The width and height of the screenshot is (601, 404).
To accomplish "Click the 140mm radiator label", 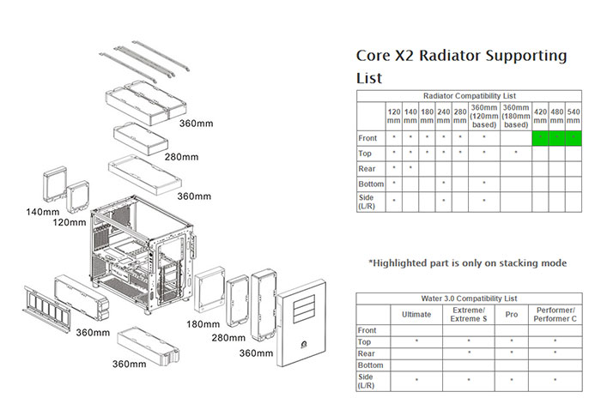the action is (x=43, y=212).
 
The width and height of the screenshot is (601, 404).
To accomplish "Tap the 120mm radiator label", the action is (x=70, y=222).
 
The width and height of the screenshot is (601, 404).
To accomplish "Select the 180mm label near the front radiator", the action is (x=203, y=324).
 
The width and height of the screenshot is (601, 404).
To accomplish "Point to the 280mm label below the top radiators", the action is (x=182, y=157).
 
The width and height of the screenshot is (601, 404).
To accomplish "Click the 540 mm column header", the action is (x=574, y=116).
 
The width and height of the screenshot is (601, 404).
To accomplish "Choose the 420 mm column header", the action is (x=540, y=116).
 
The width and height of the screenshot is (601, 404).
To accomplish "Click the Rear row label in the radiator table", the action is (x=367, y=169).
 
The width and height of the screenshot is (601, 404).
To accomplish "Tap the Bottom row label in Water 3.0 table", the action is (x=370, y=365).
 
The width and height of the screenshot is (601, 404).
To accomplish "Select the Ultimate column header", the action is (x=416, y=315).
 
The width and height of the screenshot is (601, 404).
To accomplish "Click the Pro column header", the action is (x=512, y=315).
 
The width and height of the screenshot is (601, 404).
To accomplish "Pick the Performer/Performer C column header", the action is (x=555, y=315).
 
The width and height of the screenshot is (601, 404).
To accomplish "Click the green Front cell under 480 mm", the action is (x=557, y=138).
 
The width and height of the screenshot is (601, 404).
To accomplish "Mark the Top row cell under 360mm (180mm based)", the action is (x=516, y=154).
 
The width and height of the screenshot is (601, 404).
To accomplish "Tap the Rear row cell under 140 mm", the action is (x=410, y=168).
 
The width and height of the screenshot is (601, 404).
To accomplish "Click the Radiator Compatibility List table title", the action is (x=470, y=96).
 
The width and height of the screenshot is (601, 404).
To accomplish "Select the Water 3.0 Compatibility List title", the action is (x=469, y=298).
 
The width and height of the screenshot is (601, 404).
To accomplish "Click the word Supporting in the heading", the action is (x=526, y=57).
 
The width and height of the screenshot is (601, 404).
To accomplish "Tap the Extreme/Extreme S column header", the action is (x=469, y=315).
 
